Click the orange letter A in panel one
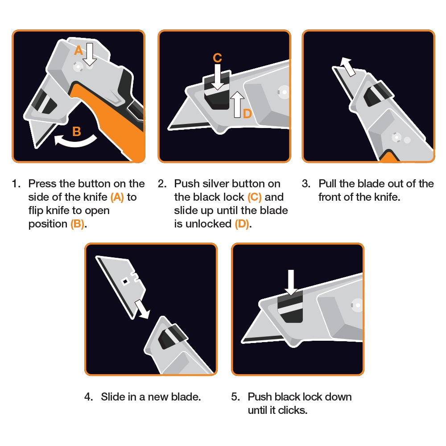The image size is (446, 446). point(78,51)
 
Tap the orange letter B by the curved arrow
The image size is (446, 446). point(77,132)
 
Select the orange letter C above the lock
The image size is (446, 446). point(217,58)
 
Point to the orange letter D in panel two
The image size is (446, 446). point(247,114)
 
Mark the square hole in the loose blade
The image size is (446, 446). point(126,281)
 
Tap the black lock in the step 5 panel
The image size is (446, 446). point(291,308)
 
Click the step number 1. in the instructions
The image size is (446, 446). point(17,184)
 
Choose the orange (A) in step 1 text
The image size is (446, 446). point(117,197)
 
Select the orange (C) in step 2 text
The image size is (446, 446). point(255,197)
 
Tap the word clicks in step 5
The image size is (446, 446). point(293,410)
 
